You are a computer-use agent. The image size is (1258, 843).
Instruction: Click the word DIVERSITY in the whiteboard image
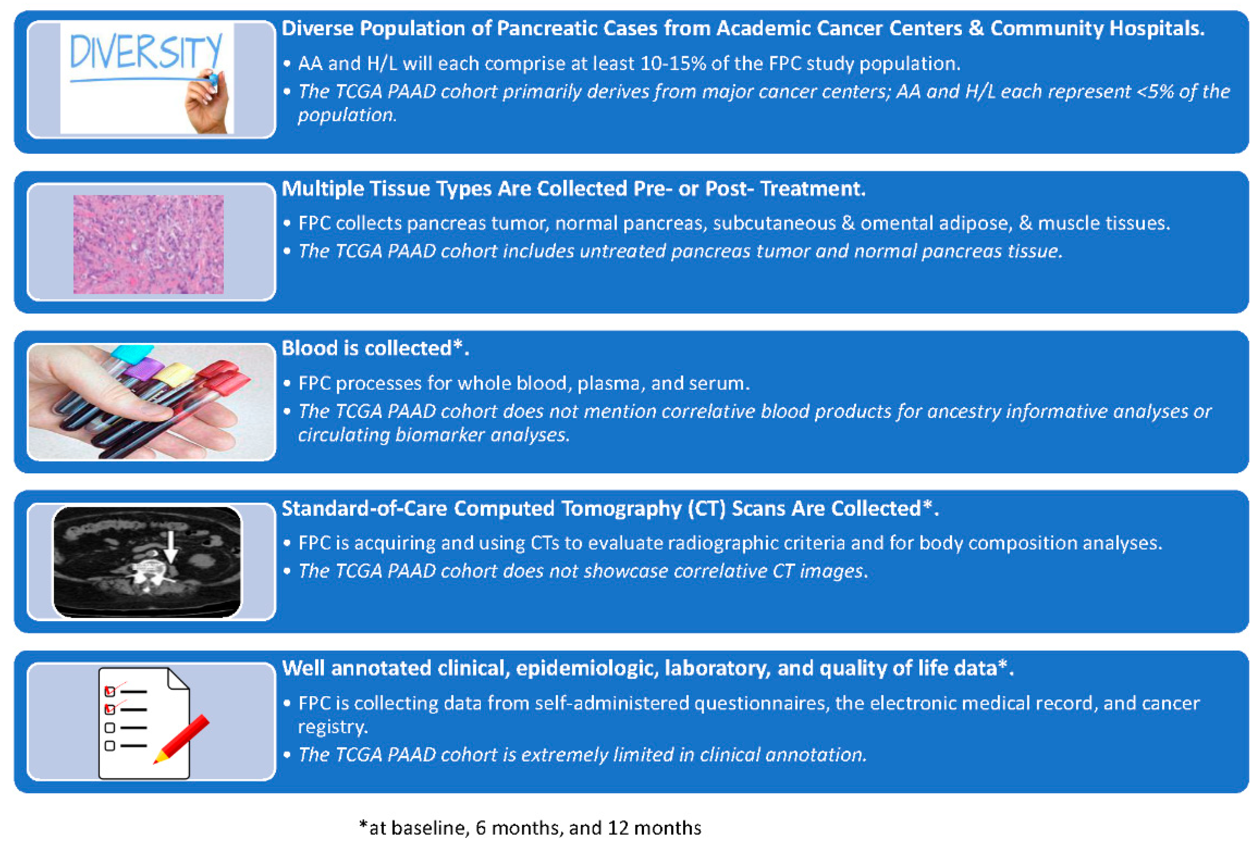tap(145, 52)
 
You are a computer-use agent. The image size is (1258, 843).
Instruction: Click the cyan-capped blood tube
tap(132, 353)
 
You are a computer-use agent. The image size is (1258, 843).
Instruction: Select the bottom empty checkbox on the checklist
tap(110, 746)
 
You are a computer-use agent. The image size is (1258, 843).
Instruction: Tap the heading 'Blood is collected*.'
tap(375, 348)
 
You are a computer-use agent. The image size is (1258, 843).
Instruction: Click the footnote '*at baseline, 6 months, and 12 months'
tap(530, 828)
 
